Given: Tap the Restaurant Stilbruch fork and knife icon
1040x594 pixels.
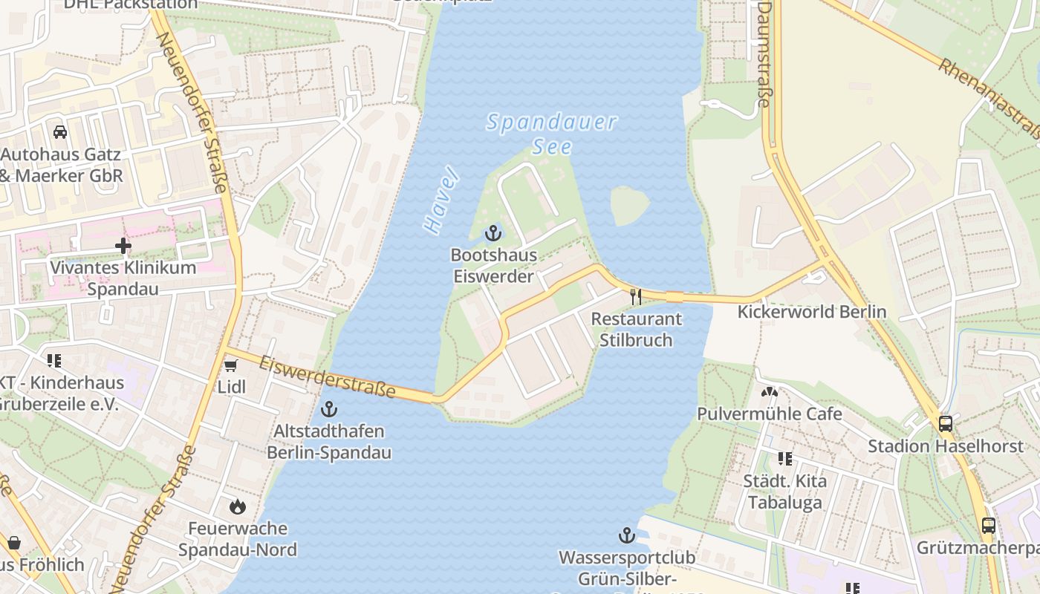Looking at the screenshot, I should click(635, 297).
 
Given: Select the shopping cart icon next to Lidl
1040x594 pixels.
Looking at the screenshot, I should click(230, 365).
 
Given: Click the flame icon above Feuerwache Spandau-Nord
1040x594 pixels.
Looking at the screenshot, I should click(238, 506).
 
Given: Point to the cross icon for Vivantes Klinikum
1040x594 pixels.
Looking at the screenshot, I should click(123, 245).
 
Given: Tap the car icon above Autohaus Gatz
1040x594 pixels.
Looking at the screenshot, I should click(60, 132).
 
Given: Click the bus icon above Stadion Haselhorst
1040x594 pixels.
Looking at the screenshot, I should click(946, 424).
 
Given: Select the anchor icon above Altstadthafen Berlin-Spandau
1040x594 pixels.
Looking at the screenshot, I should click(328, 409).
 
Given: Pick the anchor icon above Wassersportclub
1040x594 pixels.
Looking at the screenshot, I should click(627, 535).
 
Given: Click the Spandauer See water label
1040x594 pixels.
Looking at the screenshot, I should click(551, 133).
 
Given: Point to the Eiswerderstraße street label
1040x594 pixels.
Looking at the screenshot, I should click(327, 376).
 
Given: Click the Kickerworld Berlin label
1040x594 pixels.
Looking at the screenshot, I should click(811, 312).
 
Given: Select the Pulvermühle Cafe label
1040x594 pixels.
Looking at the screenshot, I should click(770, 414).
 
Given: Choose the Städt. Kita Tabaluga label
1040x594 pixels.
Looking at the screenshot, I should click(784, 492).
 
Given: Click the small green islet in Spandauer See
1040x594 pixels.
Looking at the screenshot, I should click(629, 204).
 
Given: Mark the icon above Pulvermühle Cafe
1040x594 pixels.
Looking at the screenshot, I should click(770, 391).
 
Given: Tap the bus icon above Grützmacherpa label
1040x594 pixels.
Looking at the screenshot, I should click(988, 526).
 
